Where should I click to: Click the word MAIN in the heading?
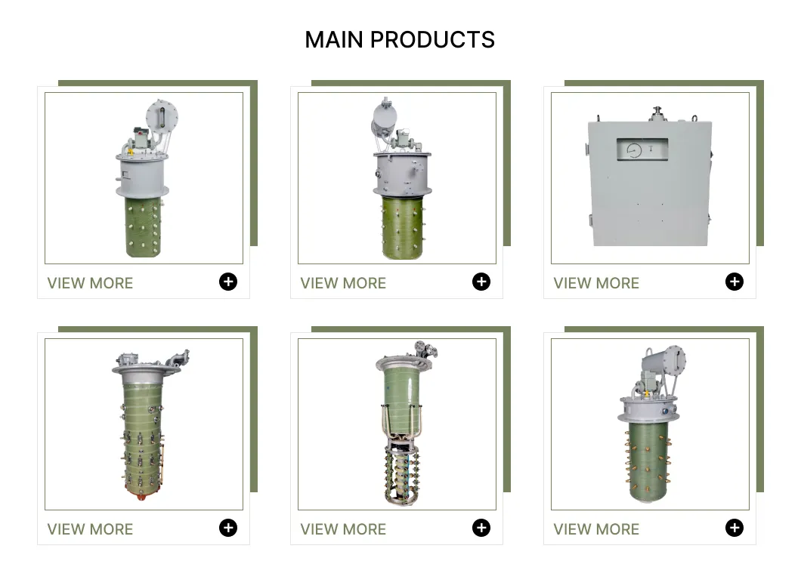tap(334, 40)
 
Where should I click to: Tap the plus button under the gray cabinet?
tap(734, 282)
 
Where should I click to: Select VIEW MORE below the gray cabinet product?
tap(596, 283)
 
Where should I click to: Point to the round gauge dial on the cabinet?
tap(633, 150)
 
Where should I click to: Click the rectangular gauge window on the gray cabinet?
tap(642, 149)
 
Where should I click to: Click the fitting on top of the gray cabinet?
tap(657, 114)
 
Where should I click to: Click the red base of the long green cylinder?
tap(144, 494)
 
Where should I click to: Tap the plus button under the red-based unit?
tap(228, 528)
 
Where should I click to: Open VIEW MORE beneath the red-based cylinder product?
tap(90, 529)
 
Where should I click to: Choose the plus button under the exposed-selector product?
tap(481, 528)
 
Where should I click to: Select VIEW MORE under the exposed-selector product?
tap(343, 529)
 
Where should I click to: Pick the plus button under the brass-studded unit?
tap(734, 528)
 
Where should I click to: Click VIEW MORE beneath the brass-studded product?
tap(596, 529)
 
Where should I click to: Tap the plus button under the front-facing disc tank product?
tap(228, 282)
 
